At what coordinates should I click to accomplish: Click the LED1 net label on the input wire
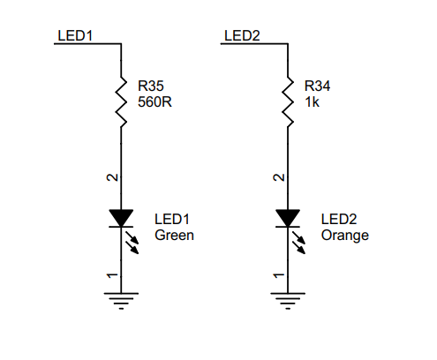click(75, 35)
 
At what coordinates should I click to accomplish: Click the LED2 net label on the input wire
click(242, 35)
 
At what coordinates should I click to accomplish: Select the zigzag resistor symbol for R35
click(121, 101)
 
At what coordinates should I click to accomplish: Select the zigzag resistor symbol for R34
click(287, 101)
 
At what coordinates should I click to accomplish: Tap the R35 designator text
click(151, 86)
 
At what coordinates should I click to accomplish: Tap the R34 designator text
click(318, 86)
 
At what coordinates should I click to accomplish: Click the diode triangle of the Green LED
click(121, 217)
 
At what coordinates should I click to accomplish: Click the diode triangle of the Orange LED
click(287, 217)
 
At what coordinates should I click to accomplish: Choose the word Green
click(174, 236)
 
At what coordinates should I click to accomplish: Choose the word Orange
click(345, 236)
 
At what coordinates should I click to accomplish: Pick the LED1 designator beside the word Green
click(173, 219)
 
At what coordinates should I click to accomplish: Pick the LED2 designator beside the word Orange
click(340, 219)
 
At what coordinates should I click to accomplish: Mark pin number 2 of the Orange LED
click(277, 178)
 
